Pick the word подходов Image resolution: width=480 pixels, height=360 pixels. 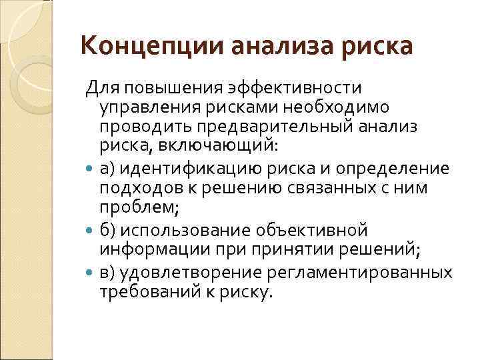click(133, 189)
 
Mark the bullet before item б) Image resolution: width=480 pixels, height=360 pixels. click(90, 230)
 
